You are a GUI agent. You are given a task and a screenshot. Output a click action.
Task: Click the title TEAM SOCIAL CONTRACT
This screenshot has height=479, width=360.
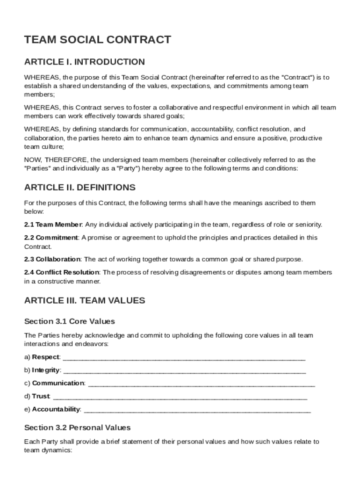tap(97, 40)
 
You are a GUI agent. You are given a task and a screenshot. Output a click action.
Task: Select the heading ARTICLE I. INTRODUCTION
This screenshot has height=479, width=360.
tap(84, 62)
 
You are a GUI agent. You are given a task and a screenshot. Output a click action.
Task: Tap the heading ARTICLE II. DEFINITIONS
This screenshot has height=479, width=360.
tap(79, 188)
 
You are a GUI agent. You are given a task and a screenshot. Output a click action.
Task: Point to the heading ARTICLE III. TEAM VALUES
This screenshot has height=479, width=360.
tap(85, 300)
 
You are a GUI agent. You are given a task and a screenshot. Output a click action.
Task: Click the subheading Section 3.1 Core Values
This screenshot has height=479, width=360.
tap(69, 322)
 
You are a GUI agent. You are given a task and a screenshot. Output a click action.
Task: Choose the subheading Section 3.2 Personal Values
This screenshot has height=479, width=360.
tap(77, 428)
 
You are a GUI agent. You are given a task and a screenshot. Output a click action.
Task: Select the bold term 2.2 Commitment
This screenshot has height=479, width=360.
tap(51, 238)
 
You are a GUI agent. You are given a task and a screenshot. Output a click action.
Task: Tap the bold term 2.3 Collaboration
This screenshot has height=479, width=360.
tap(52, 259)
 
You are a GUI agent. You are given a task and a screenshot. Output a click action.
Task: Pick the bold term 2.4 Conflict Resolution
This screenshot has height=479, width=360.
tap(61, 272)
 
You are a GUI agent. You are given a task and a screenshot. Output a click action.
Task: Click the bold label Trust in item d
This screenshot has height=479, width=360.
tap(41, 396)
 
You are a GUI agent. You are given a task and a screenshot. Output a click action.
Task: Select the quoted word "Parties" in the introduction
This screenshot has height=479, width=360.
tap(36, 168)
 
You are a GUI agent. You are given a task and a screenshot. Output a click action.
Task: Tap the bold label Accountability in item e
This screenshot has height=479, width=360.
tap(56, 409)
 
